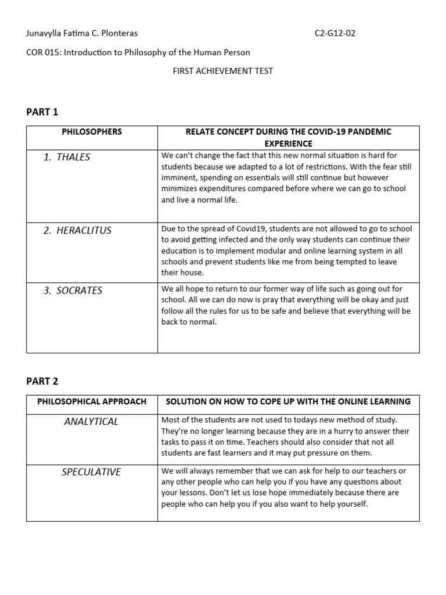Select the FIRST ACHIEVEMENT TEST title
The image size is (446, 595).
click(222, 71)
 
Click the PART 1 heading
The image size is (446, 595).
click(42, 112)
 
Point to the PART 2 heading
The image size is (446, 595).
click(42, 381)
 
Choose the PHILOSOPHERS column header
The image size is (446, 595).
click(92, 132)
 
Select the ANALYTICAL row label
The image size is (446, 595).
click(91, 421)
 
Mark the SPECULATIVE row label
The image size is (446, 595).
click(91, 472)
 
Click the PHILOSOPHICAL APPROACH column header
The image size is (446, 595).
click(92, 402)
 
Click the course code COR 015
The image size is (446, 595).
click(42, 52)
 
